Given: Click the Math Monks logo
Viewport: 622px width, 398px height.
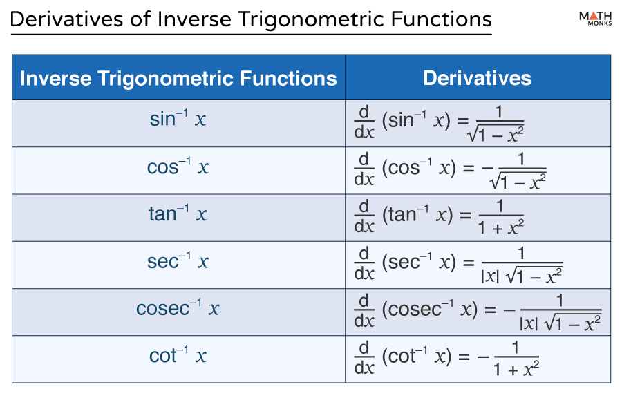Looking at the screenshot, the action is point(595,18).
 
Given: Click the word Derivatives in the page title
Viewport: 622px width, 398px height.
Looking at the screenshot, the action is point(66,19).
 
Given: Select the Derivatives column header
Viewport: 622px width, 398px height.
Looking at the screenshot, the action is point(477,78).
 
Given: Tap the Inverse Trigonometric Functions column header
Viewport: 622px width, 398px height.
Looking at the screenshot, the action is point(178,78).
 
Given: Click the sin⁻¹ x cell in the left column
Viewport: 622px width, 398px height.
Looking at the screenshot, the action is point(178,118).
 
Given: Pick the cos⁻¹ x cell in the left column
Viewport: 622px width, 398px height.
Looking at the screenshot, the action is point(178,166).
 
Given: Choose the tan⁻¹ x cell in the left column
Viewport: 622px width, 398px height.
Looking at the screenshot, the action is point(178,213).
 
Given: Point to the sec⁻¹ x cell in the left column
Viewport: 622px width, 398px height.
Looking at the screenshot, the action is point(178,260).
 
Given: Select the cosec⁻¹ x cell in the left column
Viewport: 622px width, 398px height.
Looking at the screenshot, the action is point(178,307).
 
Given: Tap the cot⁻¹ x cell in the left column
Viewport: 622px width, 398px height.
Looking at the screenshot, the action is point(178,354).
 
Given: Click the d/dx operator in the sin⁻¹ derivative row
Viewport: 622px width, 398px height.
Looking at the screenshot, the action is point(364,122).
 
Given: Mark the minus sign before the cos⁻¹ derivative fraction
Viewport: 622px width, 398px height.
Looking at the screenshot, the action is point(487,169).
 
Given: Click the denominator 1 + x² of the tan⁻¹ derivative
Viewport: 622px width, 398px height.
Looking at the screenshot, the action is point(500,227).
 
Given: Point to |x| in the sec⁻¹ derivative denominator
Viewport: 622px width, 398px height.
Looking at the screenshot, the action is point(490,276).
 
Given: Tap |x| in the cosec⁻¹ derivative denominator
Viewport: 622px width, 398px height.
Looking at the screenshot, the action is point(529,323).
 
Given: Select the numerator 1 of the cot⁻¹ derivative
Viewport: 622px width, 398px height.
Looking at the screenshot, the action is point(516,348).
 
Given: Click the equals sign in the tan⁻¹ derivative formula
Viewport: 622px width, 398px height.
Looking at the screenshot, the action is point(465,216).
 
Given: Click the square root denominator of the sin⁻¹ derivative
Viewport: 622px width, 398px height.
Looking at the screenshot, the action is point(496,134).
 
